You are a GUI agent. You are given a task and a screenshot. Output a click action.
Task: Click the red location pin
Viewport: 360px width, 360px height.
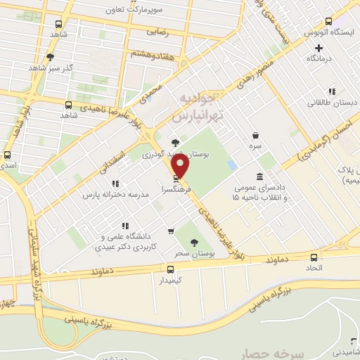pyautogui.click(x=181, y=166)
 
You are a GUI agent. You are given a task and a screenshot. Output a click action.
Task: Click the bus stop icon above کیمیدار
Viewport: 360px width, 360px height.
pyautogui.click(x=169, y=269)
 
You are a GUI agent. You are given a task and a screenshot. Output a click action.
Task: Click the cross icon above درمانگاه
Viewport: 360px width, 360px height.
pyautogui.click(x=319, y=49)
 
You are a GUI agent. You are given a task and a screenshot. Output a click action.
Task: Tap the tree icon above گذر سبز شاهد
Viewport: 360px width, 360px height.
pyautogui.click(x=49, y=57)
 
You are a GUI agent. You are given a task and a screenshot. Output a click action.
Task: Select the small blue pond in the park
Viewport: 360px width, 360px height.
pyautogui.click(x=232, y=165)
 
